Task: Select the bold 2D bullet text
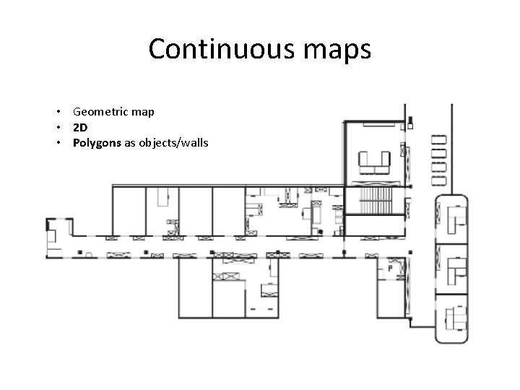[x=79, y=127]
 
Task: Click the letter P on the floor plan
[x=390, y=268]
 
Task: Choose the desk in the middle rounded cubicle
[x=455, y=265]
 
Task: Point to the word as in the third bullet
[x=130, y=142]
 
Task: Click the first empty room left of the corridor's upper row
[x=128, y=209]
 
